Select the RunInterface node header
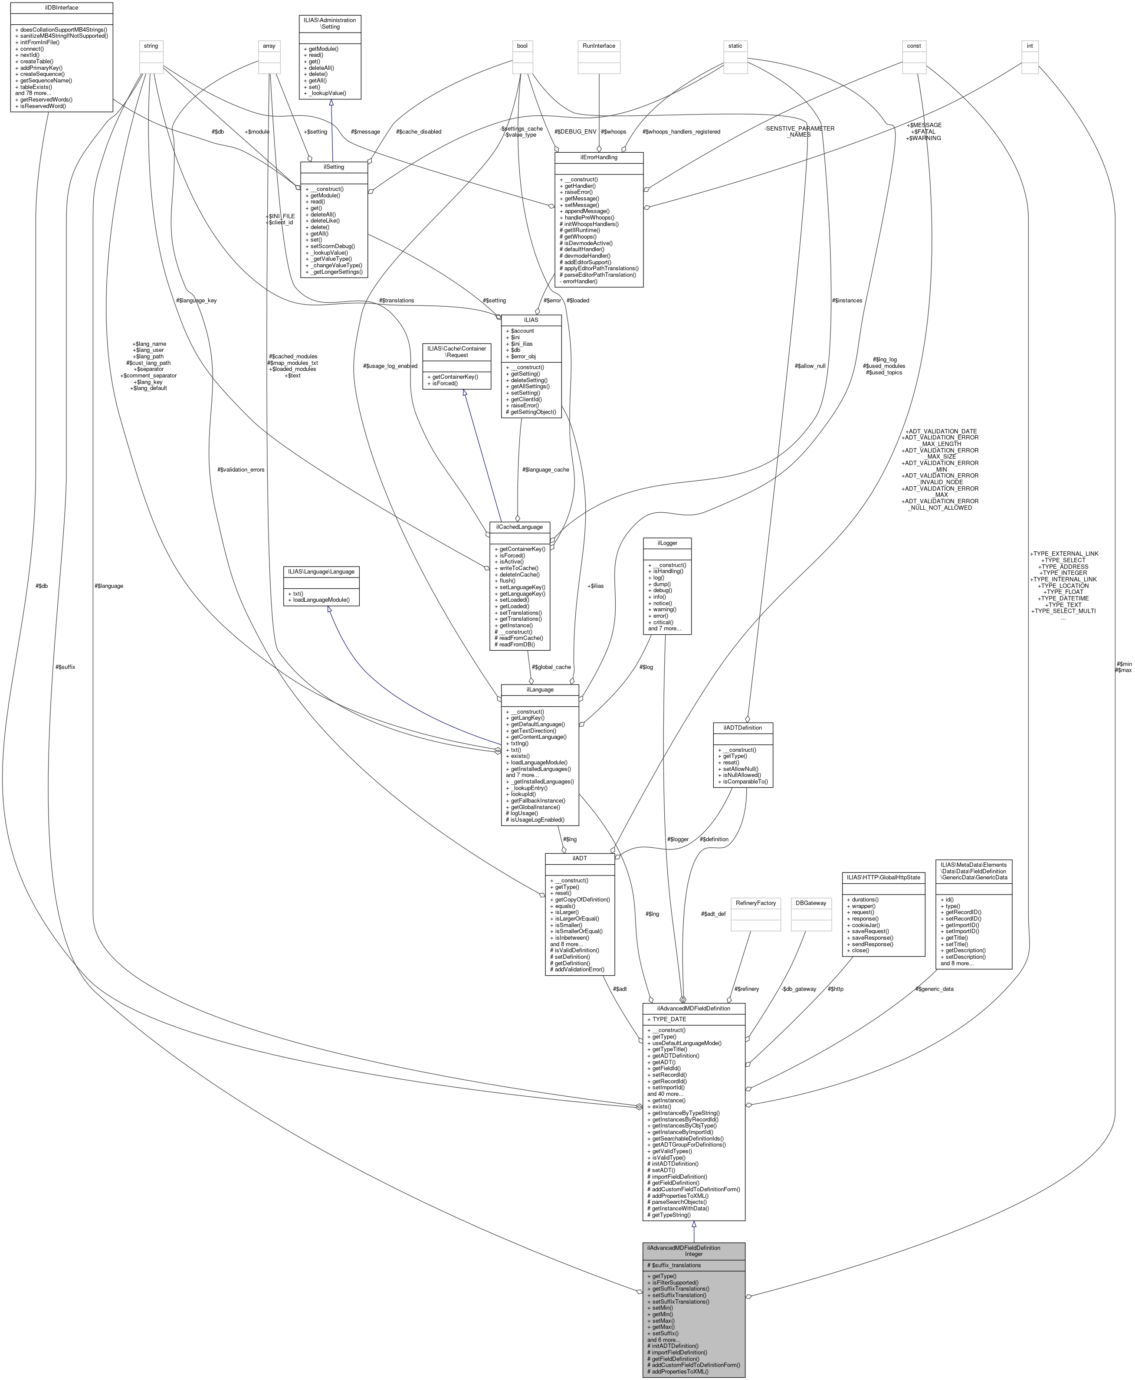599,46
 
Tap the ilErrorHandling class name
599,157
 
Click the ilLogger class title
667,543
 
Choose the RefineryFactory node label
756,903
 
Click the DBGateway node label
813,903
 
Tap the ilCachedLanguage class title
520,527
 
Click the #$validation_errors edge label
241,470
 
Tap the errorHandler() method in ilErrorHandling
579,281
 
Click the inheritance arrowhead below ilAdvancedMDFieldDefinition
694,1225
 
